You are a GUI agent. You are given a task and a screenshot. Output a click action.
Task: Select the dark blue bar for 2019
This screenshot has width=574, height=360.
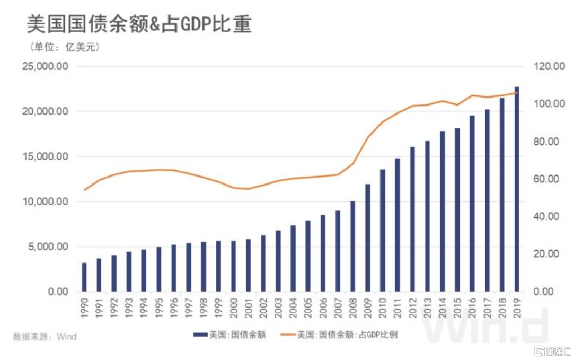tap(517, 189)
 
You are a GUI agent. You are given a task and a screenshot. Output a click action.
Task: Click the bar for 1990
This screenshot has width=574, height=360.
tap(84, 277)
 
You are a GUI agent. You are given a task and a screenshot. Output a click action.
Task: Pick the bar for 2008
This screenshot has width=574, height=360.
tap(352, 247)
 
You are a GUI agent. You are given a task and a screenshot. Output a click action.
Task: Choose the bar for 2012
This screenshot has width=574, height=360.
tap(412, 219)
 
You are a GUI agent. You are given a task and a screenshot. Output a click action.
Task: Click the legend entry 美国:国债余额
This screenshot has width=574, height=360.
tap(229, 335)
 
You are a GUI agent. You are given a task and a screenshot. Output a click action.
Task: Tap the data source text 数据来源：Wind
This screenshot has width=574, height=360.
tap(45, 337)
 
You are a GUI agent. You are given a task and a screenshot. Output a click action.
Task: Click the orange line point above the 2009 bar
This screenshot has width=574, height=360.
tap(368, 137)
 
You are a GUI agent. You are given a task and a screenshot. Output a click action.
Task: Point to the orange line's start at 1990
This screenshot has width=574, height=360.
tap(84, 190)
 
